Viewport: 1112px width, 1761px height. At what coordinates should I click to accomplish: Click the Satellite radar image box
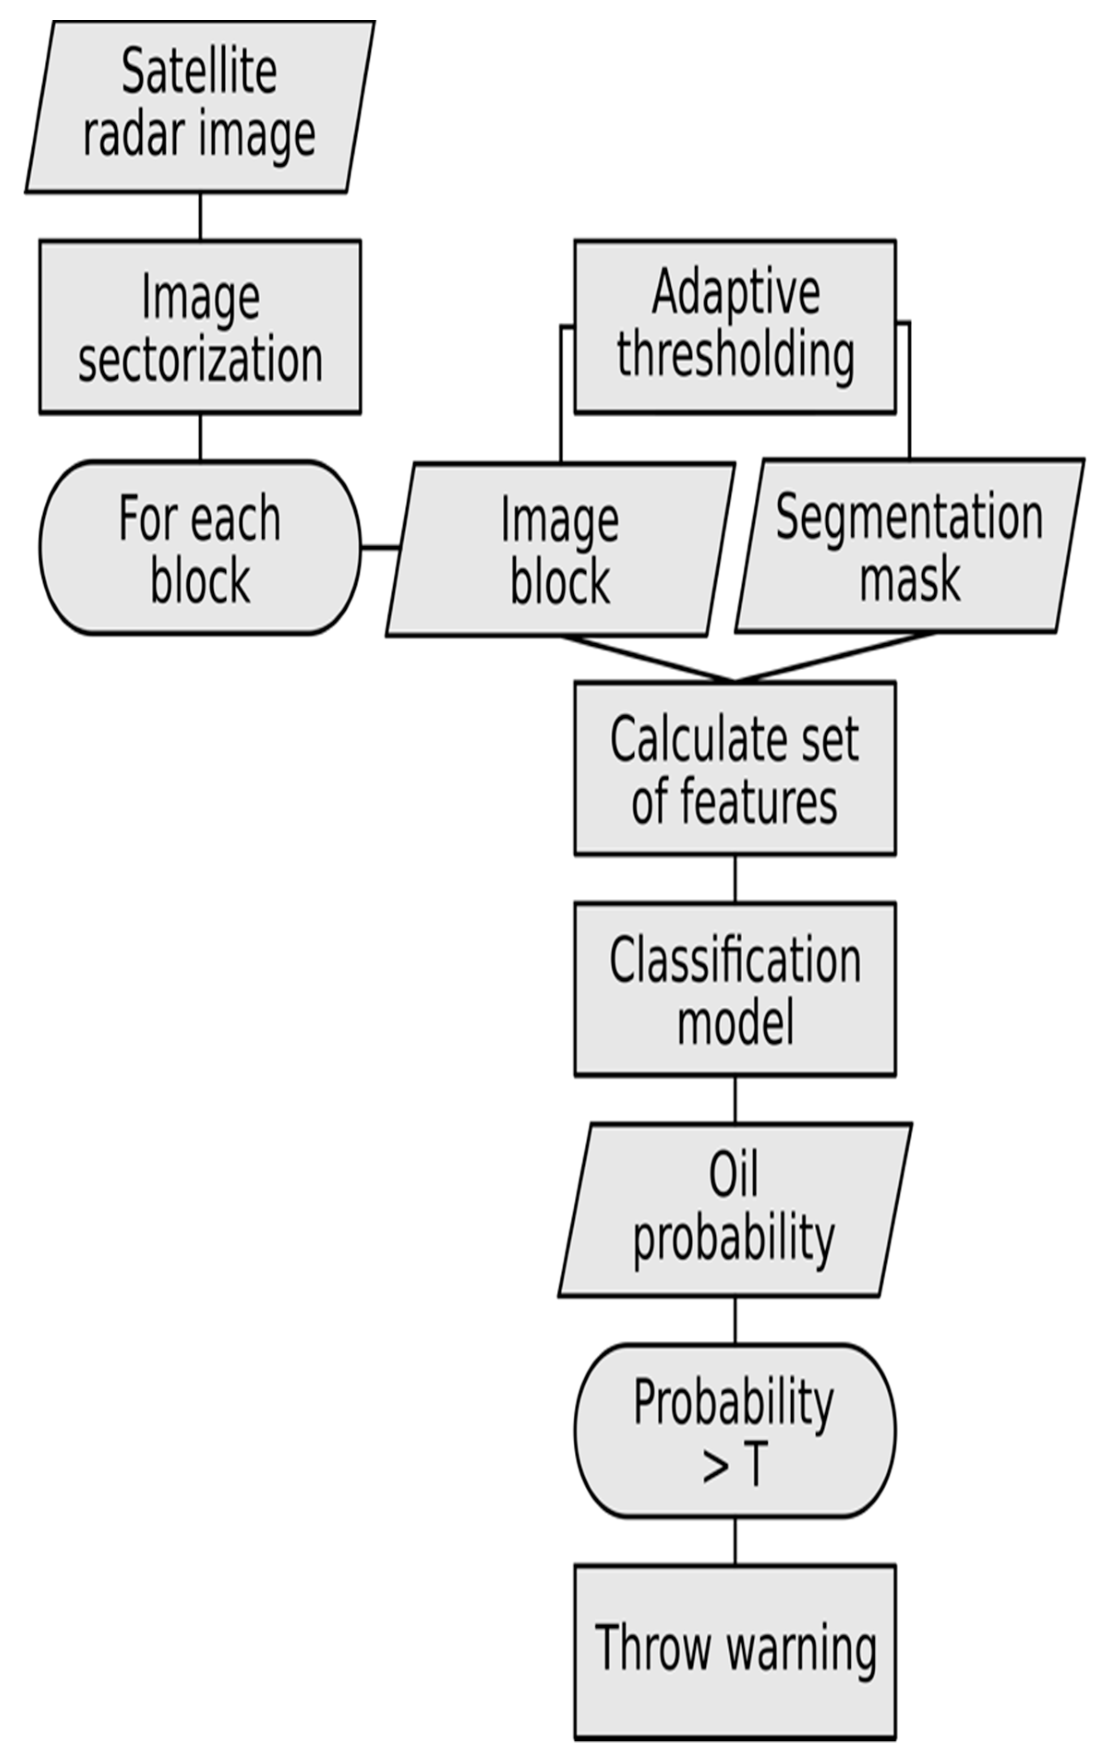click(199, 106)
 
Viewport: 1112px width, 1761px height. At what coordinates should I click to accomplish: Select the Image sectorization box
click(199, 326)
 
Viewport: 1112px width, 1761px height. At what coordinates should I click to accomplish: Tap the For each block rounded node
click(199, 548)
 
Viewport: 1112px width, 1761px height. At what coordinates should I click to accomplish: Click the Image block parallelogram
click(560, 549)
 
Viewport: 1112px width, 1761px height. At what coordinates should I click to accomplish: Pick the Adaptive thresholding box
click(735, 326)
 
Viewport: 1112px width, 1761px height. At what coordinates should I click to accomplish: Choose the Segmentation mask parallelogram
click(909, 546)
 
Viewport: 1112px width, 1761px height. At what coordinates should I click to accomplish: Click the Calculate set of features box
click(735, 768)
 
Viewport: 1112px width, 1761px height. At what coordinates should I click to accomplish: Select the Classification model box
click(735, 989)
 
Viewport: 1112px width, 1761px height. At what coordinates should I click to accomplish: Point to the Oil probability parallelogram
click(735, 1209)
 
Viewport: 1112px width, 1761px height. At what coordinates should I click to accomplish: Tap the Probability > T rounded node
click(735, 1430)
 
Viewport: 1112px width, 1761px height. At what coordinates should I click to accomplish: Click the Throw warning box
click(735, 1651)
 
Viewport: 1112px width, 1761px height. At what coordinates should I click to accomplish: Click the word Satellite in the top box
click(199, 72)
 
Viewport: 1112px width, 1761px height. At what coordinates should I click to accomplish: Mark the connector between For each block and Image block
click(380, 547)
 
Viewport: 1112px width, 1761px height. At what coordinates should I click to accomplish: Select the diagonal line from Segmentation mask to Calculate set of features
click(834, 657)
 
